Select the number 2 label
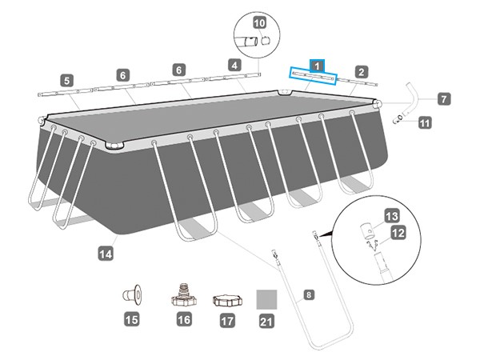click(361, 72)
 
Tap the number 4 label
click(234, 64)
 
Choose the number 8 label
click(309, 294)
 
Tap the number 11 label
click(424, 122)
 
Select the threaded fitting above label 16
click(182, 298)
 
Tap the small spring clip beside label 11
click(398, 120)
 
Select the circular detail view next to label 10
click(255, 40)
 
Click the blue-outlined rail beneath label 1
click(314, 76)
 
